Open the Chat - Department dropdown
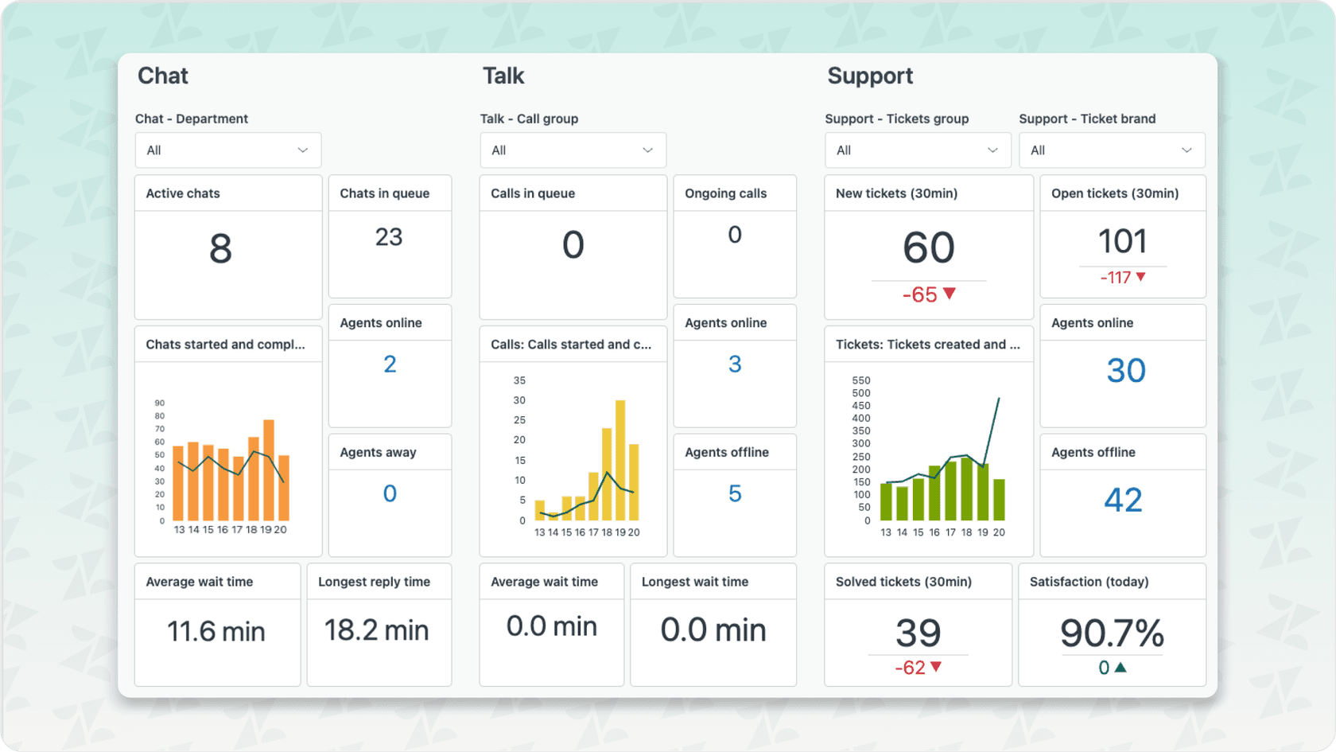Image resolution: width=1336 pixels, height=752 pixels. pyautogui.click(x=227, y=150)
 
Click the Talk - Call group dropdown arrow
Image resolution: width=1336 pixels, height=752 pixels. pyautogui.click(x=647, y=150)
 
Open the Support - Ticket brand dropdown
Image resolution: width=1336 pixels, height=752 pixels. pyautogui.click(x=1112, y=150)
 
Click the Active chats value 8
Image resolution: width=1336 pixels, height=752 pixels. pyautogui.click(x=220, y=248)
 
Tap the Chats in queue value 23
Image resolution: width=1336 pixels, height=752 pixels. pyautogui.click(x=389, y=237)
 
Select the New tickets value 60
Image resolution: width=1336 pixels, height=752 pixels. pyautogui.click(x=928, y=247)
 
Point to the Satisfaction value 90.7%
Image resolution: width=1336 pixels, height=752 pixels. pyautogui.click(x=1112, y=633)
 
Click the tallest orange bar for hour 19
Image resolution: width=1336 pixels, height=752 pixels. pyautogui.click(x=269, y=470)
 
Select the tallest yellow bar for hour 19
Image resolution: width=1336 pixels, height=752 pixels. pyautogui.click(x=620, y=461)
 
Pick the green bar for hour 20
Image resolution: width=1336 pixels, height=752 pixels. pyautogui.click(x=999, y=500)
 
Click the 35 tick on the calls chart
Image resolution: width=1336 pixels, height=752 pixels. pyautogui.click(x=519, y=380)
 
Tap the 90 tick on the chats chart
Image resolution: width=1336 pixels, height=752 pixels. pyautogui.click(x=160, y=403)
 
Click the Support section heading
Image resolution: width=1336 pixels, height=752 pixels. pyautogui.click(x=869, y=76)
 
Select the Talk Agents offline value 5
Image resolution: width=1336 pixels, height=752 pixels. pyautogui.click(x=735, y=494)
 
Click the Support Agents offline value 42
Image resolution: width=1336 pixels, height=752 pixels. pyautogui.click(x=1123, y=500)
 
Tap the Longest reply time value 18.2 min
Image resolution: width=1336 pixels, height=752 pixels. pyautogui.click(x=376, y=630)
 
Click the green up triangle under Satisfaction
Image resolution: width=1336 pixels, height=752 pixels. pyautogui.click(x=1120, y=668)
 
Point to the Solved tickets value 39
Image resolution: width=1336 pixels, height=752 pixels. pyautogui.click(x=918, y=633)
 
